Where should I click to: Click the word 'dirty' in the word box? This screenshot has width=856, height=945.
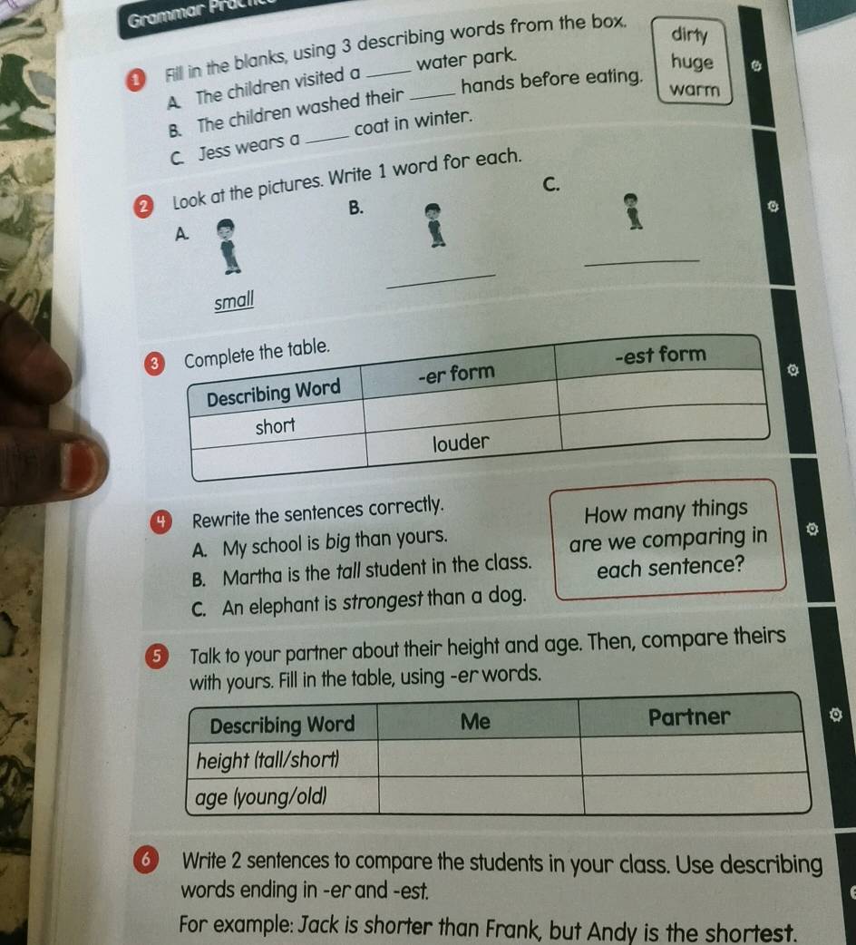[x=689, y=34]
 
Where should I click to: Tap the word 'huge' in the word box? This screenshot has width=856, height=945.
[x=692, y=63]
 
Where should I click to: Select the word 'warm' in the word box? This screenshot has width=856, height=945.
[x=695, y=89]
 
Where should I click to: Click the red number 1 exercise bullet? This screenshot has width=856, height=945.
[x=135, y=80]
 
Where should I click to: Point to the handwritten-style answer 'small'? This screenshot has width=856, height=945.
[x=234, y=300]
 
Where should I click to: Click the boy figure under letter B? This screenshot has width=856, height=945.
[x=434, y=225]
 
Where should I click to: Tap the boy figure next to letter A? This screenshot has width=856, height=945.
[x=228, y=247]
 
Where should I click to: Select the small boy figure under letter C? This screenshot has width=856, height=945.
[x=632, y=211]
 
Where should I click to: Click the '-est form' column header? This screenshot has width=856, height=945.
[x=660, y=355]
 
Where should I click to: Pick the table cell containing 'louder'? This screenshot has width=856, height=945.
[x=462, y=443]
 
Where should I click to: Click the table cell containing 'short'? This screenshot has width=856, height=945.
[x=276, y=426]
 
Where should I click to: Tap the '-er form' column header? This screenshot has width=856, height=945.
[x=457, y=374]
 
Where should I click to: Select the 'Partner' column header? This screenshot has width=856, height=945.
[x=689, y=716]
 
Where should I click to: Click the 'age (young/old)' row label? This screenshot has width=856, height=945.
[x=261, y=797]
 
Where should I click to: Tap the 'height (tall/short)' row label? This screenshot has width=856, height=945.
[x=267, y=760]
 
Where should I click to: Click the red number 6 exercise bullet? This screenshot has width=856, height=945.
[x=146, y=860]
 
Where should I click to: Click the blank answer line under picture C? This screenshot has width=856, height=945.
[x=642, y=261]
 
